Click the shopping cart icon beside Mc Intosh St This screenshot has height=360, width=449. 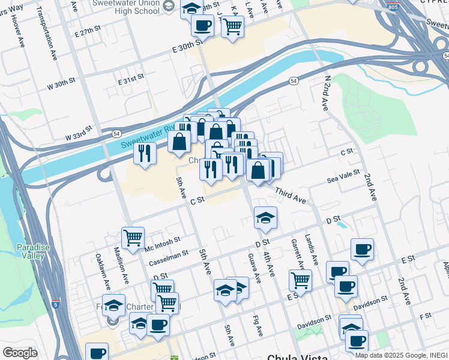click(133, 237)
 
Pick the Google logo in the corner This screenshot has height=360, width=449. click(20, 353)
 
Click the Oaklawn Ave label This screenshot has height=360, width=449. click(103, 269)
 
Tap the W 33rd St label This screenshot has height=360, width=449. click(80, 133)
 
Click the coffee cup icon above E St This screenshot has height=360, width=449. click(361, 249)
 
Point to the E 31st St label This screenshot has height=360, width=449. click(131, 78)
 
